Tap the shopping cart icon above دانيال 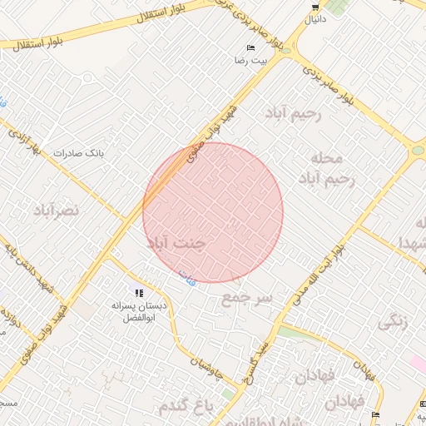point(315,7)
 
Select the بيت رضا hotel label point(250,61)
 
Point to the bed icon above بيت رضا point(250,48)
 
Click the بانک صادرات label point(77,153)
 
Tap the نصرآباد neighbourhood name point(56,210)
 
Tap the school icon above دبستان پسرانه point(138,293)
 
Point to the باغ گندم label point(186,404)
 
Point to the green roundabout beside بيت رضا point(286,49)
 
